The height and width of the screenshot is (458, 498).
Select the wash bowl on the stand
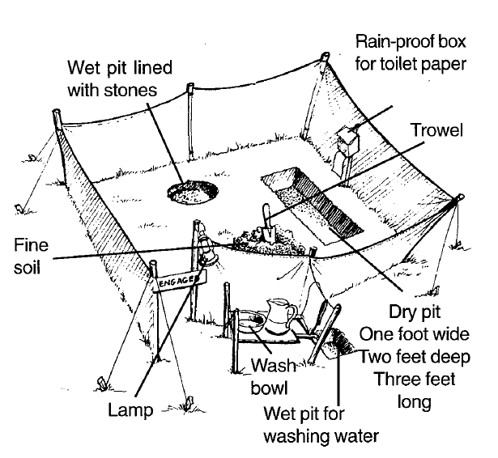(x=252, y=324)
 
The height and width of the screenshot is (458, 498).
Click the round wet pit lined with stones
(x=193, y=193)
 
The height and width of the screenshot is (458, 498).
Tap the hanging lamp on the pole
(x=208, y=252)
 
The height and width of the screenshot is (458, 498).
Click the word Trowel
(x=438, y=130)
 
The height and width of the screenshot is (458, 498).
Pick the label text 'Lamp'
(x=131, y=410)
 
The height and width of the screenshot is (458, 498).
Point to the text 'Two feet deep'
(x=415, y=357)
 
